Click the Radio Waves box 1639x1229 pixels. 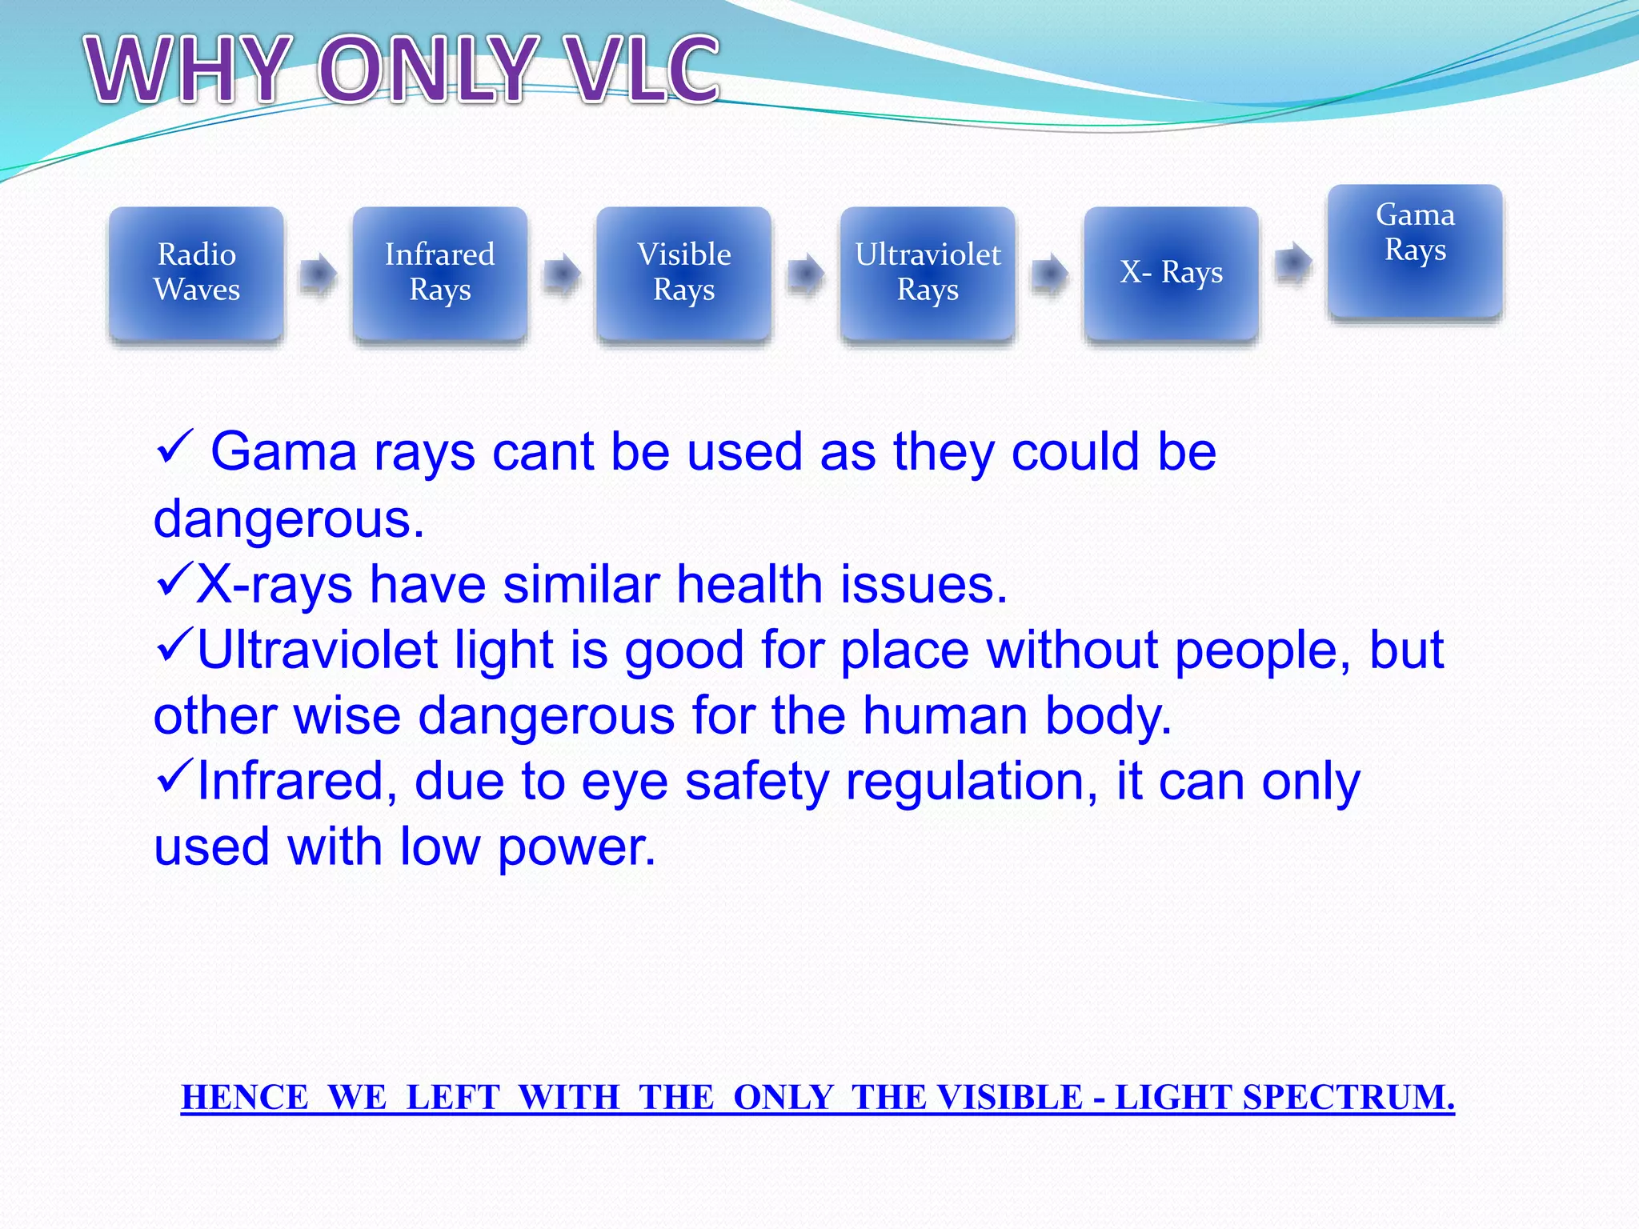pos(196,273)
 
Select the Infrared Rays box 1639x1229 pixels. pos(439,273)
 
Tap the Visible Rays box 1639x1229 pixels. pos(683,273)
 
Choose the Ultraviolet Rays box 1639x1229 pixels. pos(928,273)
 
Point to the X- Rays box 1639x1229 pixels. pos(1171,273)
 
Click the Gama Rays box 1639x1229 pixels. pos(1415,250)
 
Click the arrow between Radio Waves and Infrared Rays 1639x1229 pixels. pos(319,274)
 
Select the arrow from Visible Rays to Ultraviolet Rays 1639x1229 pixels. pos(806,274)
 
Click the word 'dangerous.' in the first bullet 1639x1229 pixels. pos(288,519)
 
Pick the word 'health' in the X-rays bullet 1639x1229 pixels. pos(749,584)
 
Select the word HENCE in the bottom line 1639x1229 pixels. pos(245,1097)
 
